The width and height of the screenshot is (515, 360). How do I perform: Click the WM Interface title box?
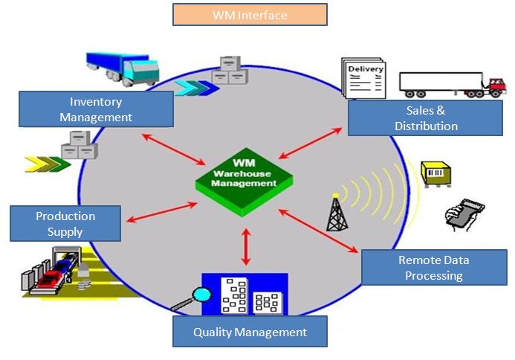250,15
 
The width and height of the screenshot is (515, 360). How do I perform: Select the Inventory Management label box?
96,109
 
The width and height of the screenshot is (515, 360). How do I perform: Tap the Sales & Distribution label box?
426,118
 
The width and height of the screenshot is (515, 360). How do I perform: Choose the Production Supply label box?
65,223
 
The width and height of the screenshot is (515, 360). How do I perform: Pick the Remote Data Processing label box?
434,268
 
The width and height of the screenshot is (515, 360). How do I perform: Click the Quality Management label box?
250,332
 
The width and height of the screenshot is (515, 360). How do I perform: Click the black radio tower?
336,213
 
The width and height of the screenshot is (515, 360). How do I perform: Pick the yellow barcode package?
436,174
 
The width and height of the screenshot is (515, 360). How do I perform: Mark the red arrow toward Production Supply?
161,211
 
